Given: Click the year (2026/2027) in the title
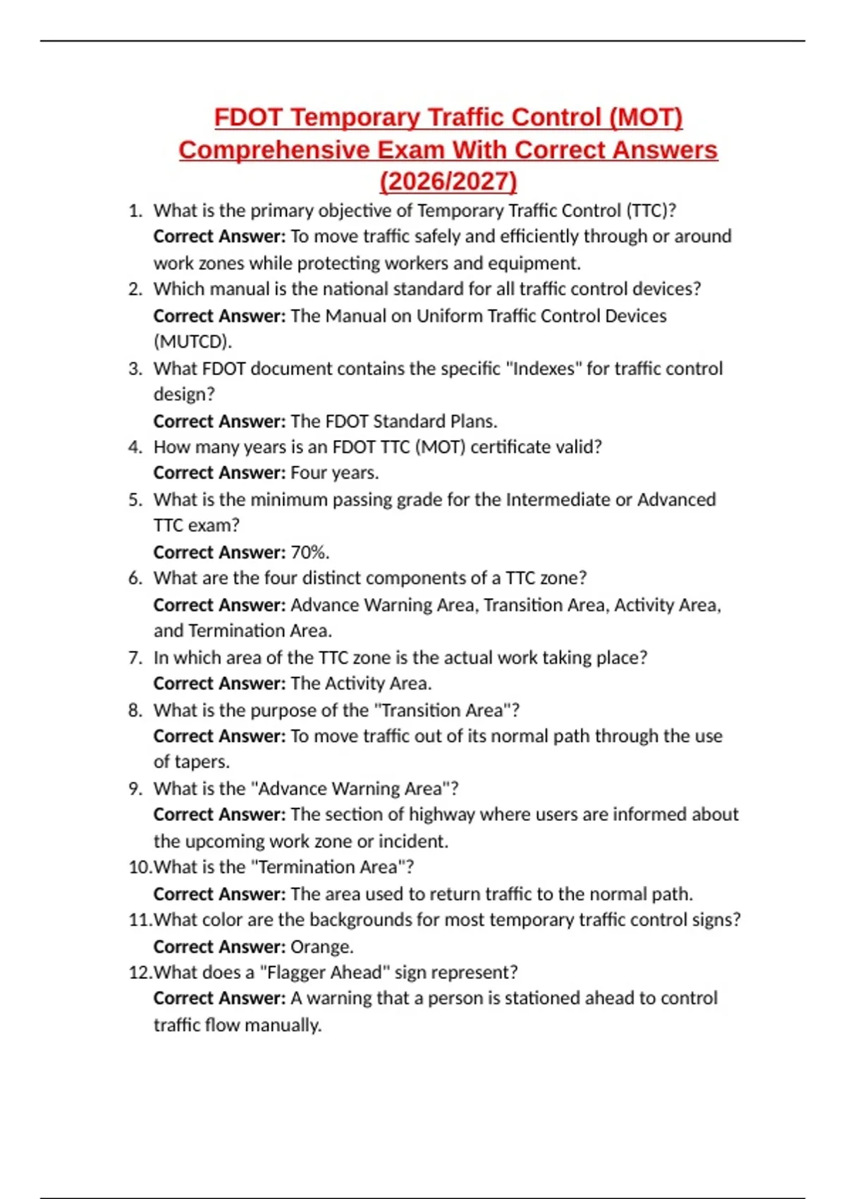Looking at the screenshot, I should coord(448,181).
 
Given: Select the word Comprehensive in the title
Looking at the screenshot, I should coord(274,150).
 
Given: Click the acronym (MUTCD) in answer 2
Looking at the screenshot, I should coord(192,342).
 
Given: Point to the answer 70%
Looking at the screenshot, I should coord(310,552).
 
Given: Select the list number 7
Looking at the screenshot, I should coord(135,657).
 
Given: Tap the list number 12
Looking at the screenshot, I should coord(140,973).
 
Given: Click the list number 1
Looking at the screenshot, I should coord(135,211).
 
